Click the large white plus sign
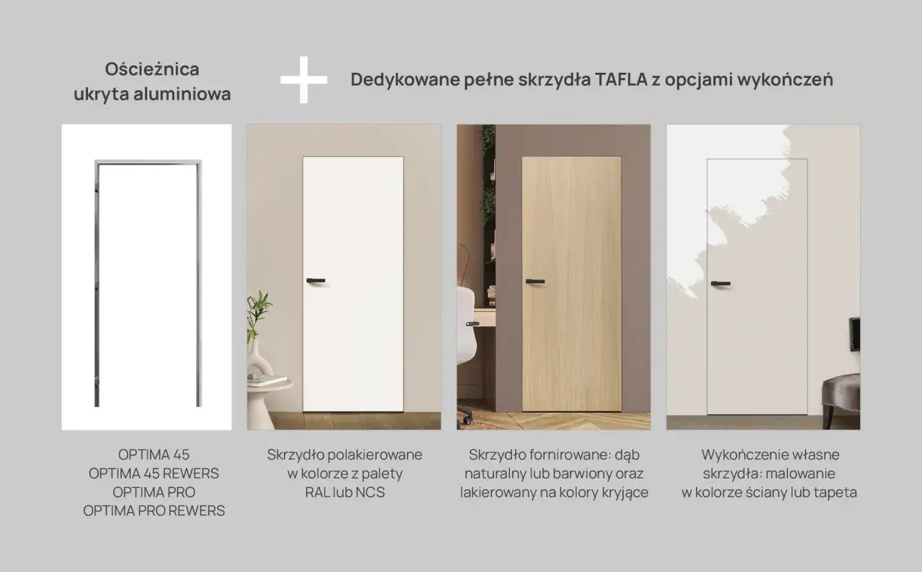303,79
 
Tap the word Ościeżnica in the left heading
152,69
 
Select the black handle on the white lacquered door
315,280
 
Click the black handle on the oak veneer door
534,281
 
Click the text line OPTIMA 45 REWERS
153,473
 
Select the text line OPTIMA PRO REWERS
153,511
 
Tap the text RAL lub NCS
344,493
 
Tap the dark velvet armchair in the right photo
841,400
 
